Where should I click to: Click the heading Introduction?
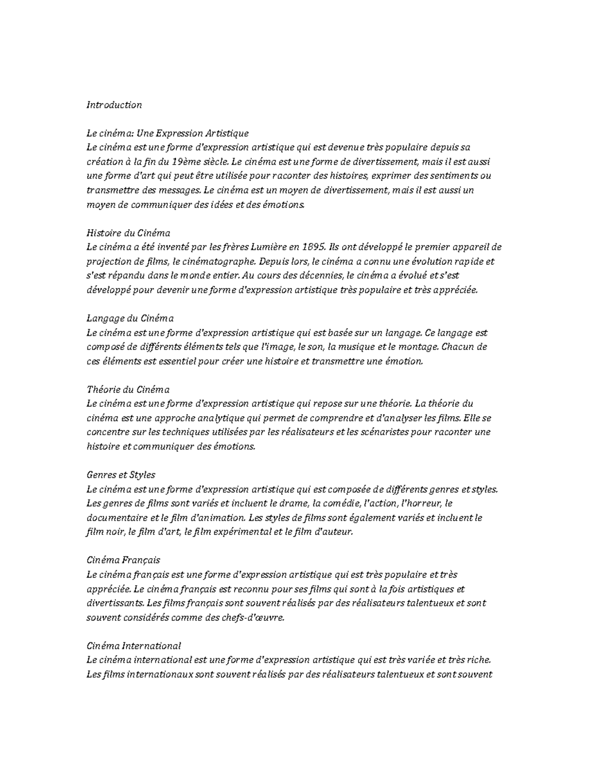(x=114, y=105)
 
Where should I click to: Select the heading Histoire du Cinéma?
(x=128, y=233)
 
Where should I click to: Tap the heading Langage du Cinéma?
(x=130, y=318)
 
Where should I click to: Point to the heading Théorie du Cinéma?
(x=128, y=390)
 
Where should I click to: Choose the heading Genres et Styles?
(x=121, y=475)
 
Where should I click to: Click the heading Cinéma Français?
(x=123, y=560)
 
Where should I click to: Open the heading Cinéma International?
(x=134, y=646)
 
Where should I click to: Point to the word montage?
(x=416, y=347)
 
